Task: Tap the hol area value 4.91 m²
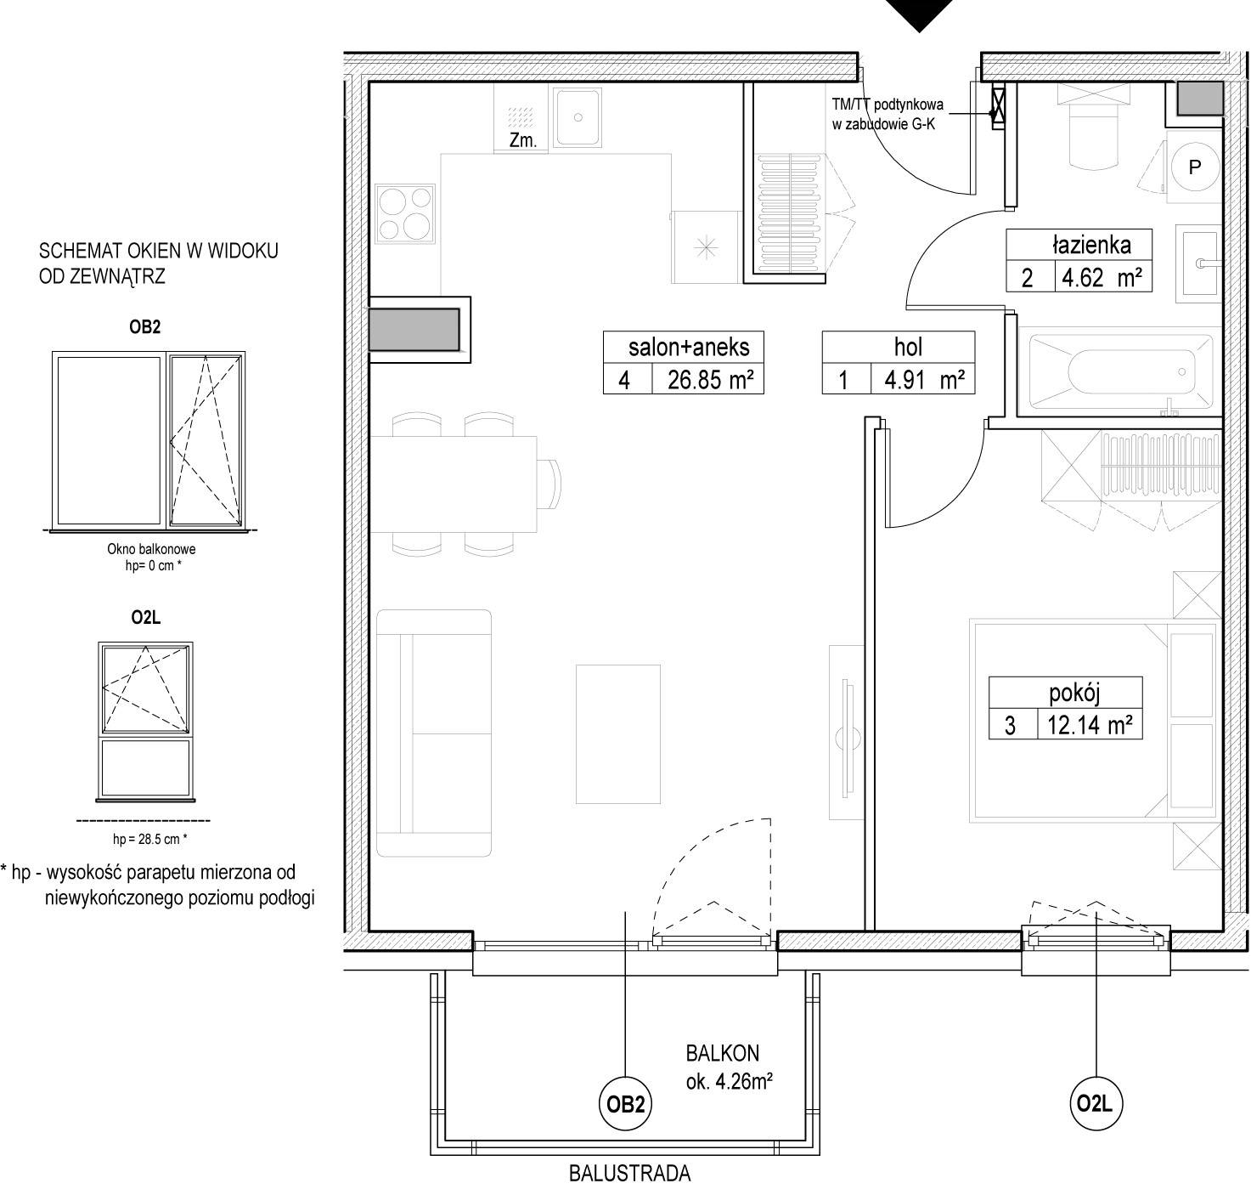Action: [x=924, y=380]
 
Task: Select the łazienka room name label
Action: [x=1091, y=245]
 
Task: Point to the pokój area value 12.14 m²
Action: [x=1090, y=725]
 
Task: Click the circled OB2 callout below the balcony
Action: [x=625, y=1104]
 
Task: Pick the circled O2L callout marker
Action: [x=1095, y=1104]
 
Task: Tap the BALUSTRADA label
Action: [x=629, y=1173]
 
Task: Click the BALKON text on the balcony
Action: [x=722, y=1053]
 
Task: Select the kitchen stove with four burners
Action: [x=405, y=213]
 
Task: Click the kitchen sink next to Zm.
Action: [x=578, y=117]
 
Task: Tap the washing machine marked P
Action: [x=1194, y=167]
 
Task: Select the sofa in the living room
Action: [x=433, y=733]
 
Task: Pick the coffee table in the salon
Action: [x=618, y=733]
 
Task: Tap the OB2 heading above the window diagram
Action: [x=145, y=326]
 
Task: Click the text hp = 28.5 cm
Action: [x=149, y=840]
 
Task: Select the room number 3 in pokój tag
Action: [x=1010, y=725]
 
